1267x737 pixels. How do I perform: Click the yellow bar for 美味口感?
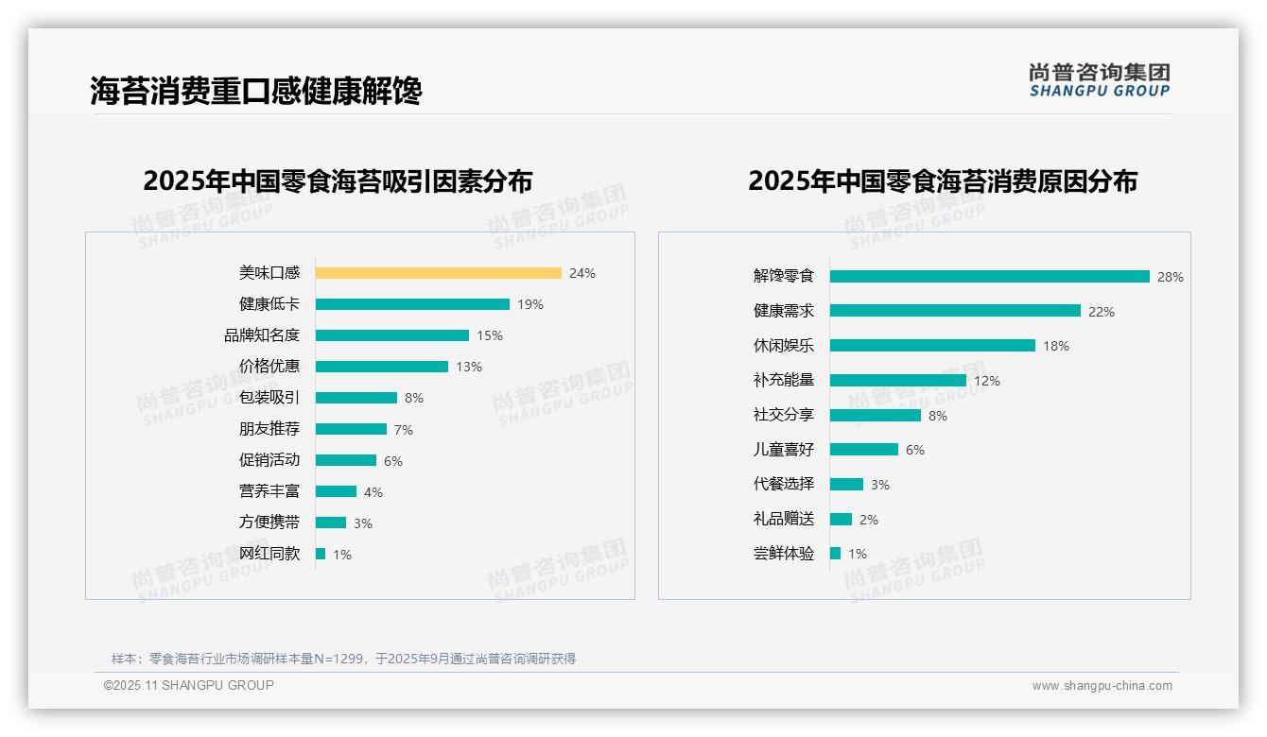pos(438,273)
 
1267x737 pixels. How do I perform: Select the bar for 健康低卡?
pos(412,304)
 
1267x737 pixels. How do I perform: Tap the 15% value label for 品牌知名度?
pos(490,335)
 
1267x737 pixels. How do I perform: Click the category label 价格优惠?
pos(269,366)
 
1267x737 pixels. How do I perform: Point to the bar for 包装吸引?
pos(356,398)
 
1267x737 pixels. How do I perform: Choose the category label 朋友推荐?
pos(269,429)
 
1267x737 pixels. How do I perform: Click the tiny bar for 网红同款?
pos(321,554)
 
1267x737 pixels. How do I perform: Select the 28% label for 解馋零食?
pos(1170,277)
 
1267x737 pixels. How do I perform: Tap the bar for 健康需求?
pos(955,311)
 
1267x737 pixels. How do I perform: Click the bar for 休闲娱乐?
pos(932,346)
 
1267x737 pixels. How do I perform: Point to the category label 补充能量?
pos(783,380)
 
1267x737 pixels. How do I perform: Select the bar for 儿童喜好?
pos(864,450)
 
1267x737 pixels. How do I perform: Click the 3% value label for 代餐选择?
pos(879,485)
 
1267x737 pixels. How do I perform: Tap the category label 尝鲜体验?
pos(783,554)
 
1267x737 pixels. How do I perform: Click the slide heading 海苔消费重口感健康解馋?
pos(255,91)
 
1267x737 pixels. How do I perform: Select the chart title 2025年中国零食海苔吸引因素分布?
pos(338,180)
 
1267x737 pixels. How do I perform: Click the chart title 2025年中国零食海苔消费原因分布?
pos(942,180)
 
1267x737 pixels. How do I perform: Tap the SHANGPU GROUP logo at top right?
pos(1099,80)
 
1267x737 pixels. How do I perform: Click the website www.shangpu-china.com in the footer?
pos(1102,686)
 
